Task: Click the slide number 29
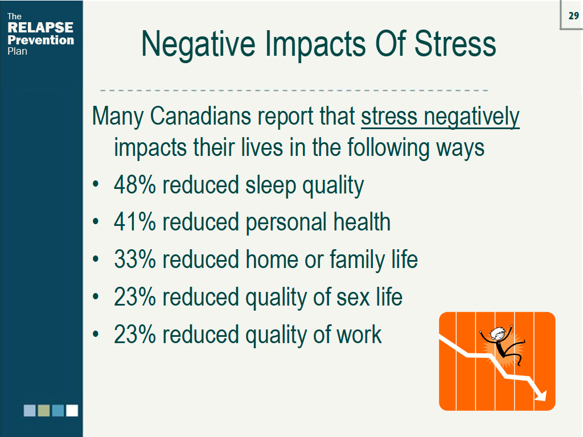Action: coord(573,15)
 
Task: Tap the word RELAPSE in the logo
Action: coord(40,27)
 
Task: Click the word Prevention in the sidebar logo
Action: coord(40,40)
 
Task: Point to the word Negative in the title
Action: coord(198,44)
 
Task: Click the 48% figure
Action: coord(134,185)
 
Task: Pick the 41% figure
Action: coord(134,222)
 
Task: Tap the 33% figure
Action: coord(134,259)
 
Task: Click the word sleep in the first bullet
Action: coord(270,186)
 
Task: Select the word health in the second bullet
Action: coord(362,222)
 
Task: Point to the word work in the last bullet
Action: coord(359,334)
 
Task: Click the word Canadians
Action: coord(201,116)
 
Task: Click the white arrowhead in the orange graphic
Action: coord(540,395)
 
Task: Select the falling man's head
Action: coord(497,333)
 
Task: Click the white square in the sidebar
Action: coord(72,411)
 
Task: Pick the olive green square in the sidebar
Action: coord(44,411)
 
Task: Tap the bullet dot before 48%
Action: coord(96,184)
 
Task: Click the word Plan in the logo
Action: coord(17,51)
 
